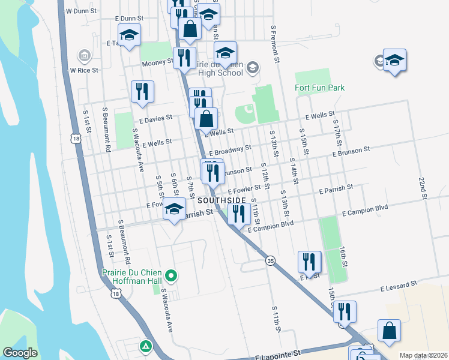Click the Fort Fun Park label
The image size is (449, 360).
click(x=320, y=88)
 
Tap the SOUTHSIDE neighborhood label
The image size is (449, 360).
click(x=221, y=200)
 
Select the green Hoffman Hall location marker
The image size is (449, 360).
click(x=172, y=276)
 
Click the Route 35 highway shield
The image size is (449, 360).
click(x=271, y=260)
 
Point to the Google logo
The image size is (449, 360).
click(x=20, y=353)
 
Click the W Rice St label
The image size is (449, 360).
click(x=83, y=70)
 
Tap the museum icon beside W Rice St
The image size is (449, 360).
click(x=84, y=56)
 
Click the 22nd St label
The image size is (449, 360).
click(x=423, y=188)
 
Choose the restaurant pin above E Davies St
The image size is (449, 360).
click(x=142, y=91)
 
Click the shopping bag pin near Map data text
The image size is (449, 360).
click(x=389, y=331)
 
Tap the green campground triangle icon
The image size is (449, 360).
click(x=145, y=346)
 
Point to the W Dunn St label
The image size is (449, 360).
click(x=82, y=11)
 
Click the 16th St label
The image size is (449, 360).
click(x=343, y=255)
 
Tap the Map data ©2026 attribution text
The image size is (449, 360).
click(x=423, y=355)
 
